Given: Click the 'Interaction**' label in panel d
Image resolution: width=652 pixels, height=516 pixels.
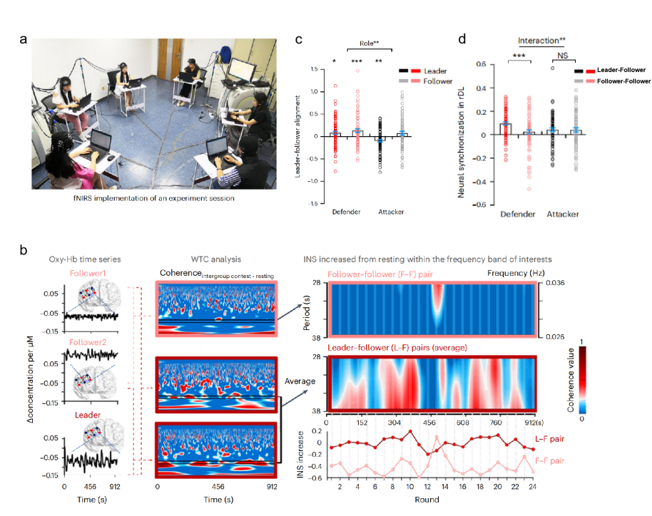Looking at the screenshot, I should tap(543, 41).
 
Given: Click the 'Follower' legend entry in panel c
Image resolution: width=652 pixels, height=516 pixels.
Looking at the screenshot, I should tap(438, 81).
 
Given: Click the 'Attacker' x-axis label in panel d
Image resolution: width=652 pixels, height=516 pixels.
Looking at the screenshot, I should tap(562, 214).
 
